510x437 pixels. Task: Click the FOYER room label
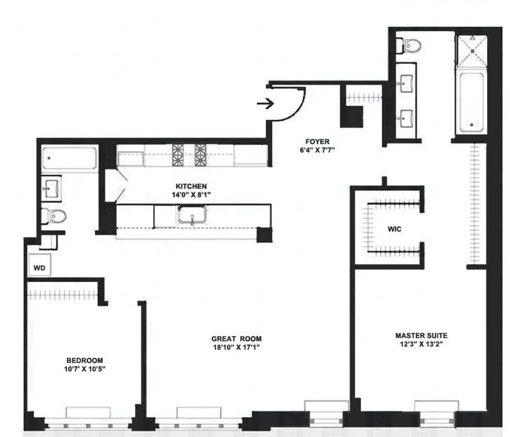click(x=316, y=142)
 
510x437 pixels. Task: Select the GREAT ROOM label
click(x=238, y=339)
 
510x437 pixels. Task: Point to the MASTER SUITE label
click(x=421, y=336)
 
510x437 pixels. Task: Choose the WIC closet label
click(x=395, y=228)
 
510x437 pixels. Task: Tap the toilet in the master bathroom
click(x=410, y=45)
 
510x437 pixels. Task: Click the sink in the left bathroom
click(x=52, y=188)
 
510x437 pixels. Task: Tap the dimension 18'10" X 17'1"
click(x=238, y=348)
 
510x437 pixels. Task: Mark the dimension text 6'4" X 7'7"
click(x=316, y=151)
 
